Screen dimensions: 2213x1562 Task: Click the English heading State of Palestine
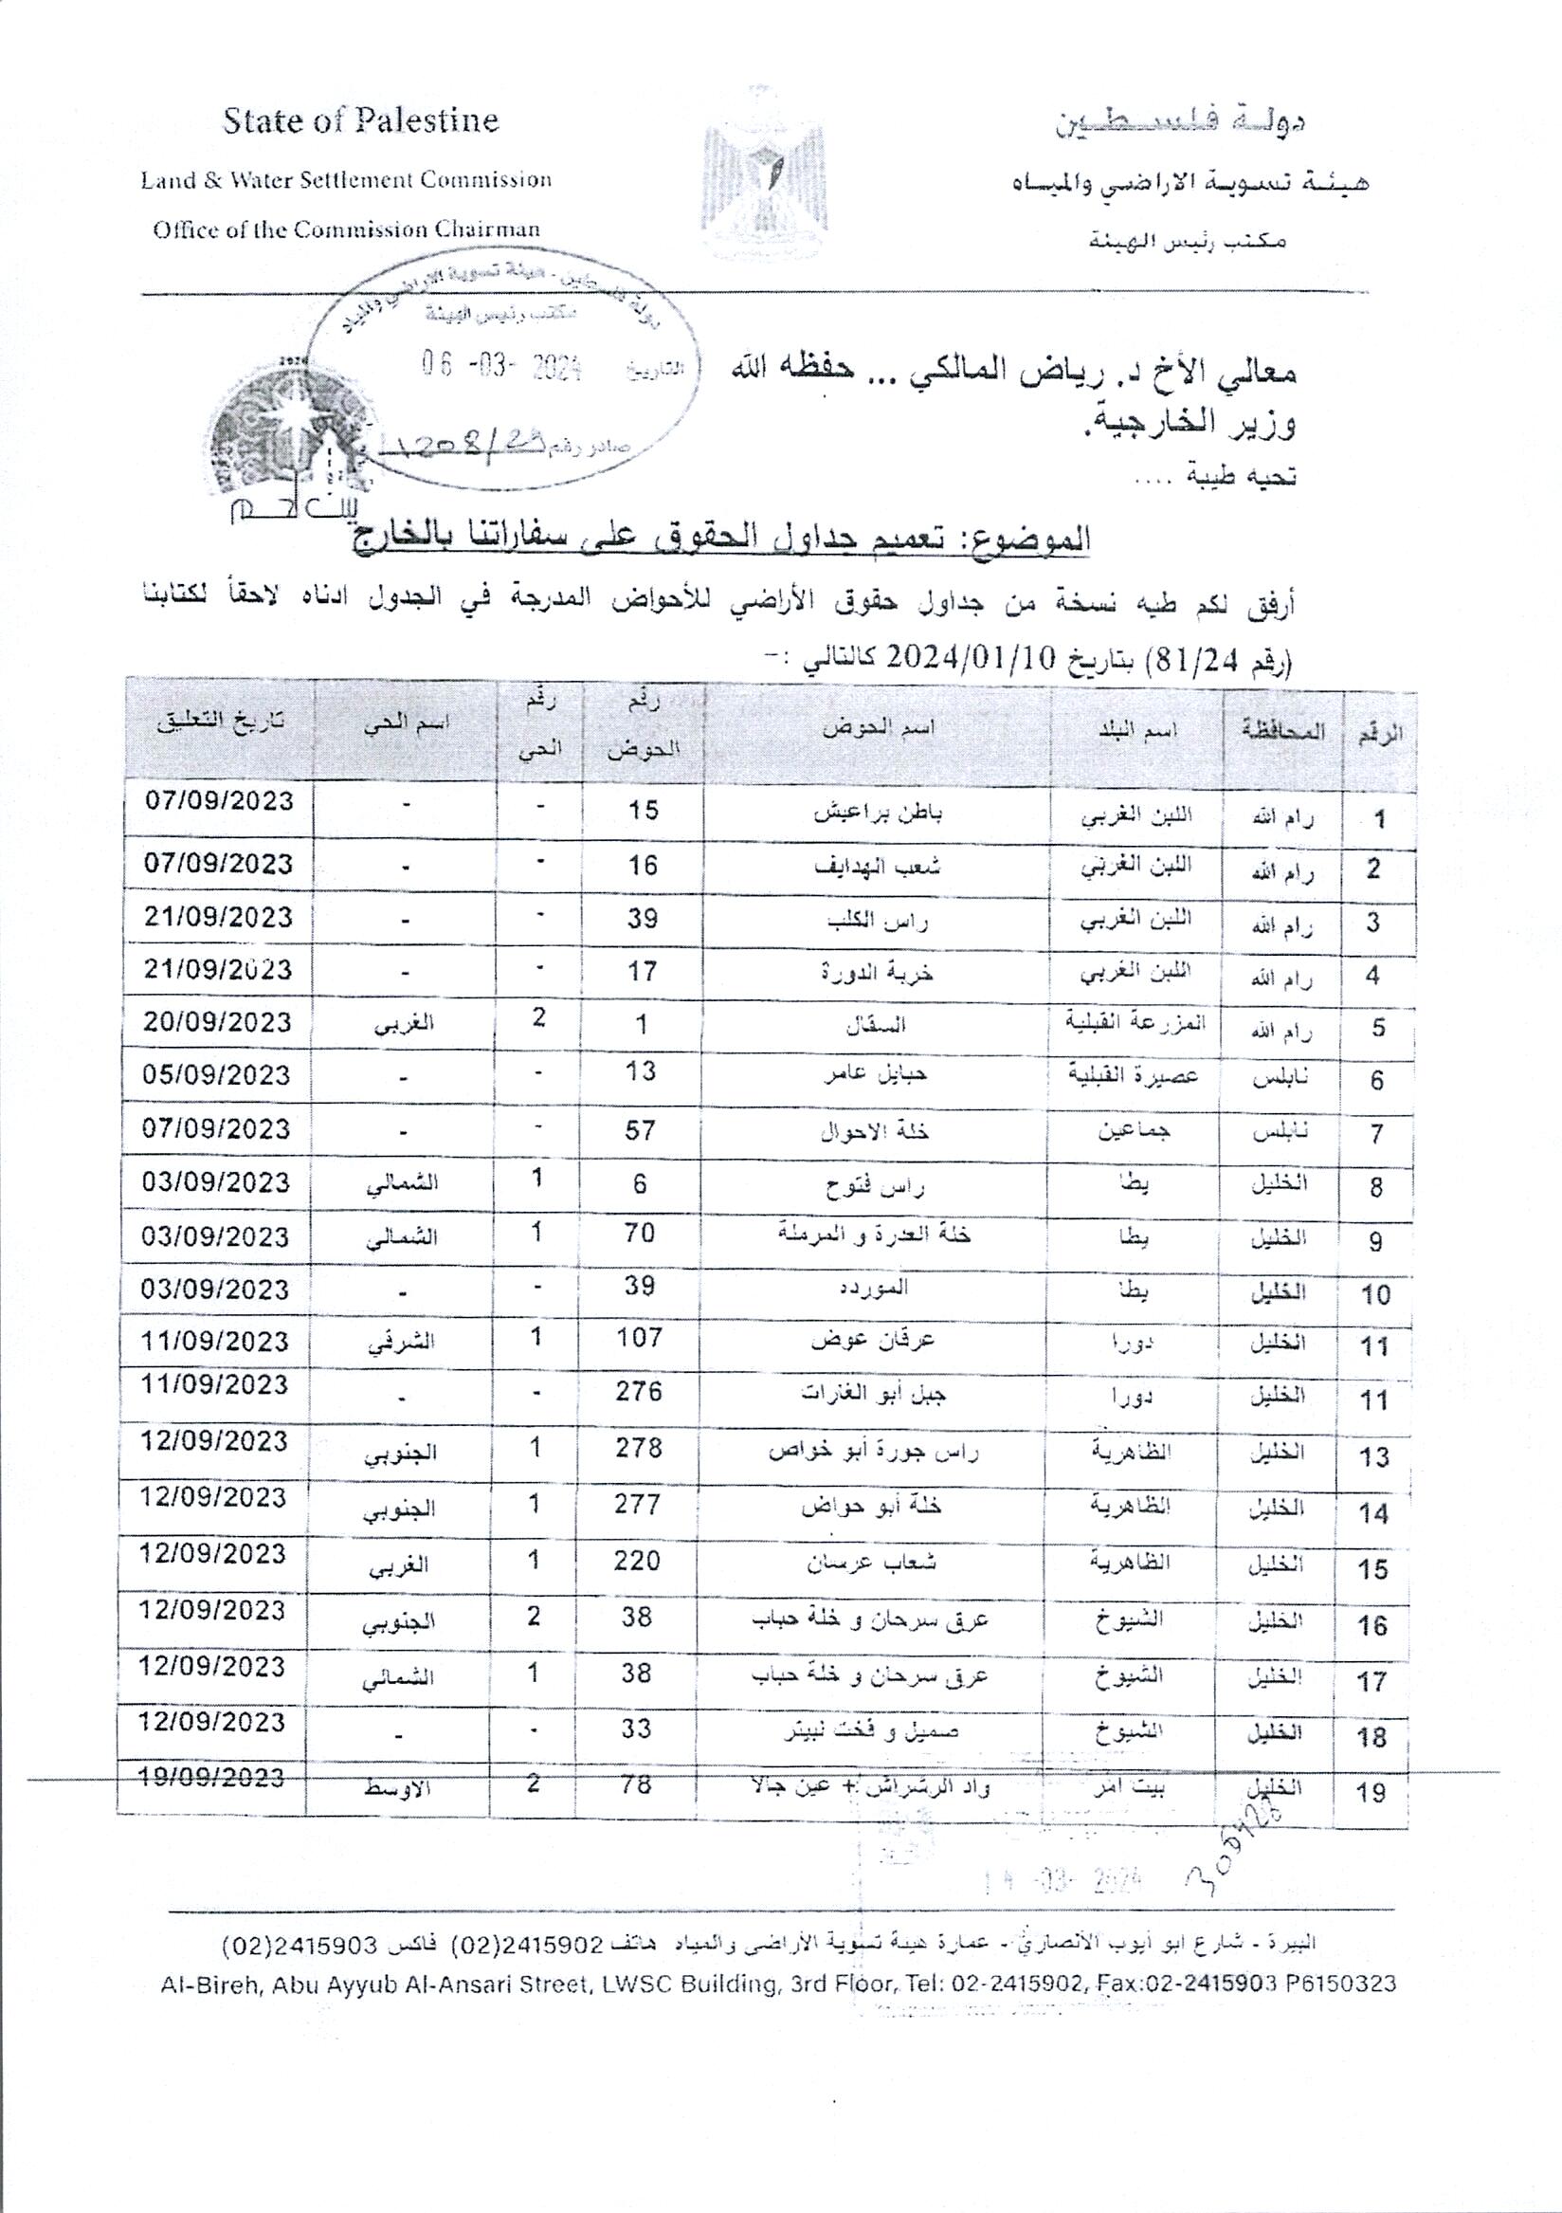(360, 121)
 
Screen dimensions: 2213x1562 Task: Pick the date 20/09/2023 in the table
(217, 1022)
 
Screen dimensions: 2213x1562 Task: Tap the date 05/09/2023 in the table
(217, 1074)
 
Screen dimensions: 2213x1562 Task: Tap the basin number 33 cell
(637, 1729)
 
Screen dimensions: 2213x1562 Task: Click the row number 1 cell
(1380, 820)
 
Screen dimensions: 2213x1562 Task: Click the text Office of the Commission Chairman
(346, 230)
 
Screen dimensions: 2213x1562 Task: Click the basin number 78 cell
(637, 1785)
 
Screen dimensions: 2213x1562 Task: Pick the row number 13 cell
(1373, 1456)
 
